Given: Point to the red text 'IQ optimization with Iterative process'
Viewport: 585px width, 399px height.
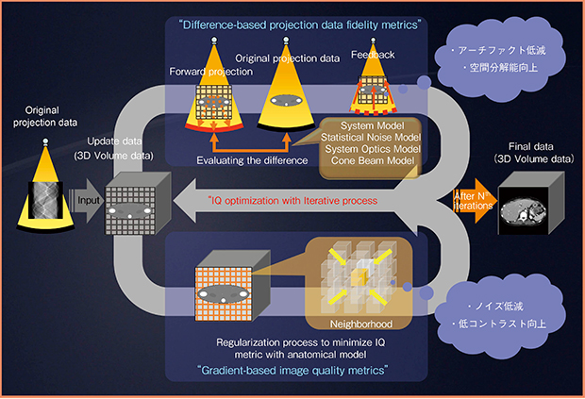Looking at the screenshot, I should pyautogui.click(x=300, y=201).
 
